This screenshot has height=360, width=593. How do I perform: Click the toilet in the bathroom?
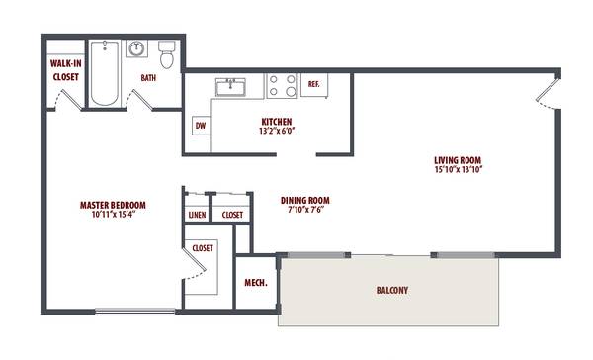coord(166,54)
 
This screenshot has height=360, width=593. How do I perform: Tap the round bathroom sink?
coord(136,48)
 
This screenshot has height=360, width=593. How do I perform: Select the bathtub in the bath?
coord(105,73)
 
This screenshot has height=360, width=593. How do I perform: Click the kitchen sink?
coord(230,87)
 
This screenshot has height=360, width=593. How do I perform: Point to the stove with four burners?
coord(282,86)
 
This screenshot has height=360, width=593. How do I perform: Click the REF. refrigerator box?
coord(314,85)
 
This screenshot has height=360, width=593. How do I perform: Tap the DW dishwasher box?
coord(201,126)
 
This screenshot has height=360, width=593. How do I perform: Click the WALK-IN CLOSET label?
coord(66,70)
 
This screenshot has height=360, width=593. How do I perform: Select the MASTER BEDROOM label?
coord(113,205)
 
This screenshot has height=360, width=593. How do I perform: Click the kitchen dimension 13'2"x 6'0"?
coord(277,131)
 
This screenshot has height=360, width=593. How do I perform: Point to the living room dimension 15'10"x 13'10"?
coord(459,169)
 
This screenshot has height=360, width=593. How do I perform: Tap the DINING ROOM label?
coord(305,200)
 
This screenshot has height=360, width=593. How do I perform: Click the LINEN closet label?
coord(197,215)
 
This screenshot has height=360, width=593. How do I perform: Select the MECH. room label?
coord(256,283)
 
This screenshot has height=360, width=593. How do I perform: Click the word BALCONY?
coord(392,291)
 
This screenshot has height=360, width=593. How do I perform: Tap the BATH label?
coord(148,78)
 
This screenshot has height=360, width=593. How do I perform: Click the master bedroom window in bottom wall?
coord(135,312)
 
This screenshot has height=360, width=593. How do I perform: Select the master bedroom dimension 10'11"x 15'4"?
coord(114,215)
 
